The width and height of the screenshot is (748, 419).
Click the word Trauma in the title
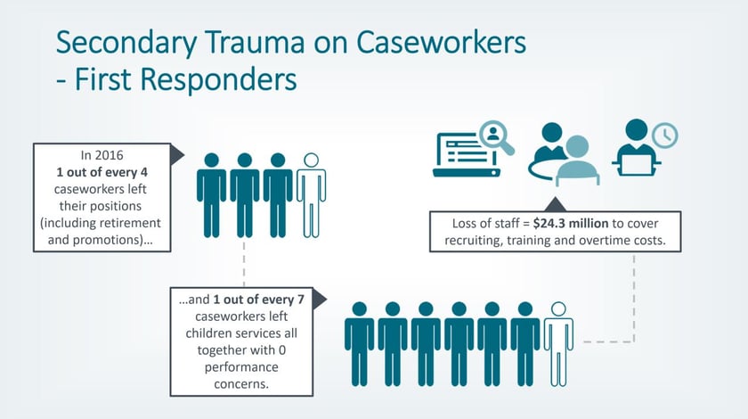click(255, 42)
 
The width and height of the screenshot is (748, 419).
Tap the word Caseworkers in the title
click(442, 42)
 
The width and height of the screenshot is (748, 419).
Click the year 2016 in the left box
click(110, 155)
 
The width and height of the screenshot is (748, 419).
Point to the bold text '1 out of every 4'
click(102, 172)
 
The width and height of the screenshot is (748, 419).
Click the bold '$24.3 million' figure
click(571, 224)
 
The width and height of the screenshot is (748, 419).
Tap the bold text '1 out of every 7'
click(258, 300)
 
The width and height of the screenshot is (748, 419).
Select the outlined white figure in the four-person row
click(311, 195)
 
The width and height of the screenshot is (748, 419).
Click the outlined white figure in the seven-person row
click(558, 343)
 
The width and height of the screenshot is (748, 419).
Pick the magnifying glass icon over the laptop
click(497, 137)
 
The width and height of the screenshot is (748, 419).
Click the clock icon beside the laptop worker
click(664, 136)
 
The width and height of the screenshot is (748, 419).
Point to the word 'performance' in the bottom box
click(241, 367)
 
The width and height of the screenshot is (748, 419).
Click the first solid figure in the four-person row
click(211, 195)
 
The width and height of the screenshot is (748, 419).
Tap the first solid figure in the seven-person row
click(359, 343)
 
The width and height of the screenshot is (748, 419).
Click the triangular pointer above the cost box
click(555, 204)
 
